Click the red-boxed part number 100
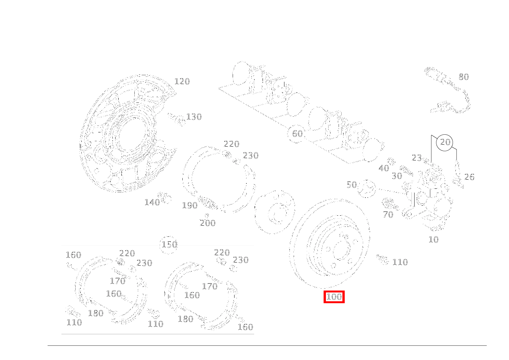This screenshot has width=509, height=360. coord(334,297)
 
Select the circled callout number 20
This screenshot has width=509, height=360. coord(445,142)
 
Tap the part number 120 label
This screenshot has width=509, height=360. coord(182,81)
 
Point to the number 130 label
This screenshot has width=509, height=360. coord(194,117)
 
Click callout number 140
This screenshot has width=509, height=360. coord(152,203)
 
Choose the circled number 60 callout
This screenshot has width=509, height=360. coord(297,134)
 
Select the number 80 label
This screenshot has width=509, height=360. coord(464,77)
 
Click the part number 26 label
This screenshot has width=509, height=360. coord(469,177)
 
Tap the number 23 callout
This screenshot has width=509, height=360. coord(417,158)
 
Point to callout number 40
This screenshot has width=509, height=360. coord(383,168)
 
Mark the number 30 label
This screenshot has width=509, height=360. coord(397,176)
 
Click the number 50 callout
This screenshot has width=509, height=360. coord(352,185)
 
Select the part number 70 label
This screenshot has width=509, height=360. coord(388,215)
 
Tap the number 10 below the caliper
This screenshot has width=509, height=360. coord(433,240)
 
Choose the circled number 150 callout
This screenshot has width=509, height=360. coord(169,244)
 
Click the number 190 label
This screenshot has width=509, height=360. coord(190,206)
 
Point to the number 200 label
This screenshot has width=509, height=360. coord(208,223)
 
